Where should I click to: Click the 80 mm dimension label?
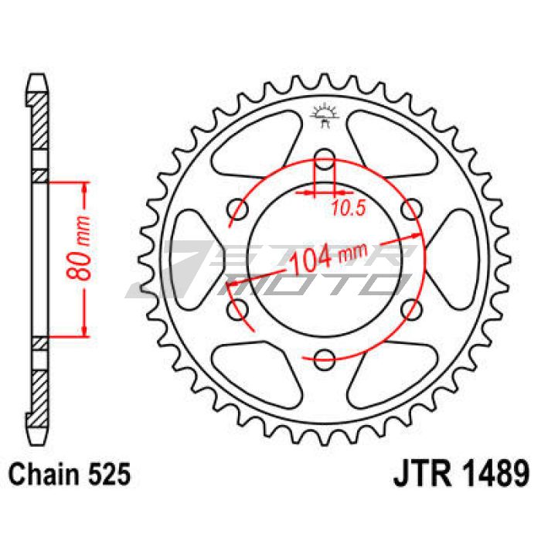(x=79, y=248)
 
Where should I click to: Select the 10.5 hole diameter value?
(x=349, y=209)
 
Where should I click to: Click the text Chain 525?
(x=70, y=474)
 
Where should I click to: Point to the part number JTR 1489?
(x=461, y=473)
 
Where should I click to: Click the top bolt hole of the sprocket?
(x=325, y=158)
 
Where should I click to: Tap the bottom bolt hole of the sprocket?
(x=325, y=359)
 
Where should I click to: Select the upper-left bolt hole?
(x=238, y=209)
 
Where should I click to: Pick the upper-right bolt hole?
(x=412, y=209)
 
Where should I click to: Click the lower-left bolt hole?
(x=238, y=309)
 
